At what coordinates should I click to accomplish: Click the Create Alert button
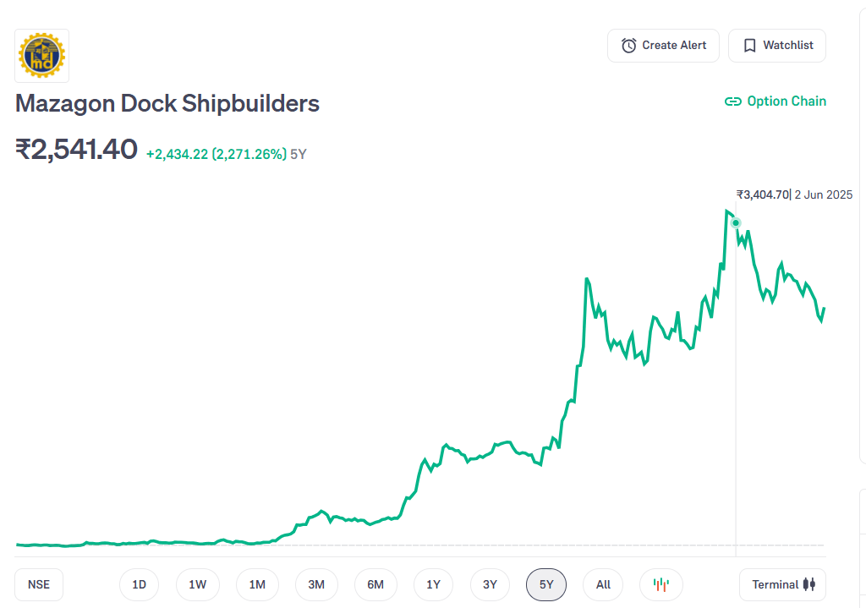pos(663,46)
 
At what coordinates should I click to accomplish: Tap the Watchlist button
pos(776,46)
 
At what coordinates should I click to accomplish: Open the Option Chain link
pos(776,101)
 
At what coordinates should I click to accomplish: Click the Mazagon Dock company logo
pos(42,56)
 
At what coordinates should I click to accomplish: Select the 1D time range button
pos(139,584)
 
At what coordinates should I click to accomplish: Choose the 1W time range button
pos(197,584)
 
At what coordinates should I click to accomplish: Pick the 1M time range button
pos(257,584)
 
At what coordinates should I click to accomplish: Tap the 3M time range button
pos(316,584)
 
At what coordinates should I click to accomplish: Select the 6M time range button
pos(375,584)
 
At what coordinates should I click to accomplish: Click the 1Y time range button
pos(434,584)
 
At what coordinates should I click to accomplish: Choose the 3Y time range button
pos(491,584)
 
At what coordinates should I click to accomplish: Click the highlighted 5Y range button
pos(546,584)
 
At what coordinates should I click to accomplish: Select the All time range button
pos(603,584)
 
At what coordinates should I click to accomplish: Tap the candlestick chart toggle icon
pos(661,584)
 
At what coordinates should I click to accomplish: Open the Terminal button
pos(782,584)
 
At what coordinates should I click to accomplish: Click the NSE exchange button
pos(39,584)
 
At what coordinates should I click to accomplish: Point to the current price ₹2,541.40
pos(76,150)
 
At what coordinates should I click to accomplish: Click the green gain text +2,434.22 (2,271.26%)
pos(216,154)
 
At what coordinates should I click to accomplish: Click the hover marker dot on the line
pos(736,223)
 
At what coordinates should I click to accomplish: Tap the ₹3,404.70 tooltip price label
pos(763,194)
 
